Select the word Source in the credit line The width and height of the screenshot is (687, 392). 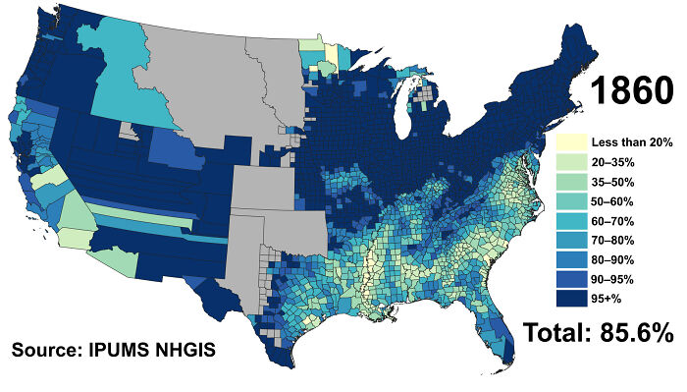[44, 348]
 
